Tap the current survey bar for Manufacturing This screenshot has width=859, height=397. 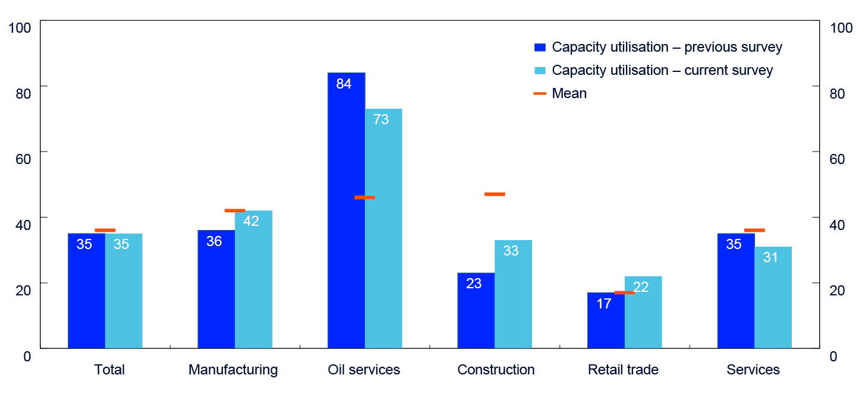(254, 279)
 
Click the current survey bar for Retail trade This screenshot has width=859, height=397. (643, 312)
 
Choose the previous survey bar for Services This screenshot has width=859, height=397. (735, 291)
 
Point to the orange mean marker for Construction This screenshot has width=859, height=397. (495, 194)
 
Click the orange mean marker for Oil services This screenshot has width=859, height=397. (364, 197)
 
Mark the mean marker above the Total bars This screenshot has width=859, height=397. (105, 230)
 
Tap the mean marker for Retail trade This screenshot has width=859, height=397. (624, 292)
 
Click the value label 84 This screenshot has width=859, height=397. (344, 84)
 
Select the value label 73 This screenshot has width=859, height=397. (381, 119)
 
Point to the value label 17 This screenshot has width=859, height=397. (604, 304)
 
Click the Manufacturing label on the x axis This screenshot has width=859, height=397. (233, 370)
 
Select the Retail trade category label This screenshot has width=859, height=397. (623, 370)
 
